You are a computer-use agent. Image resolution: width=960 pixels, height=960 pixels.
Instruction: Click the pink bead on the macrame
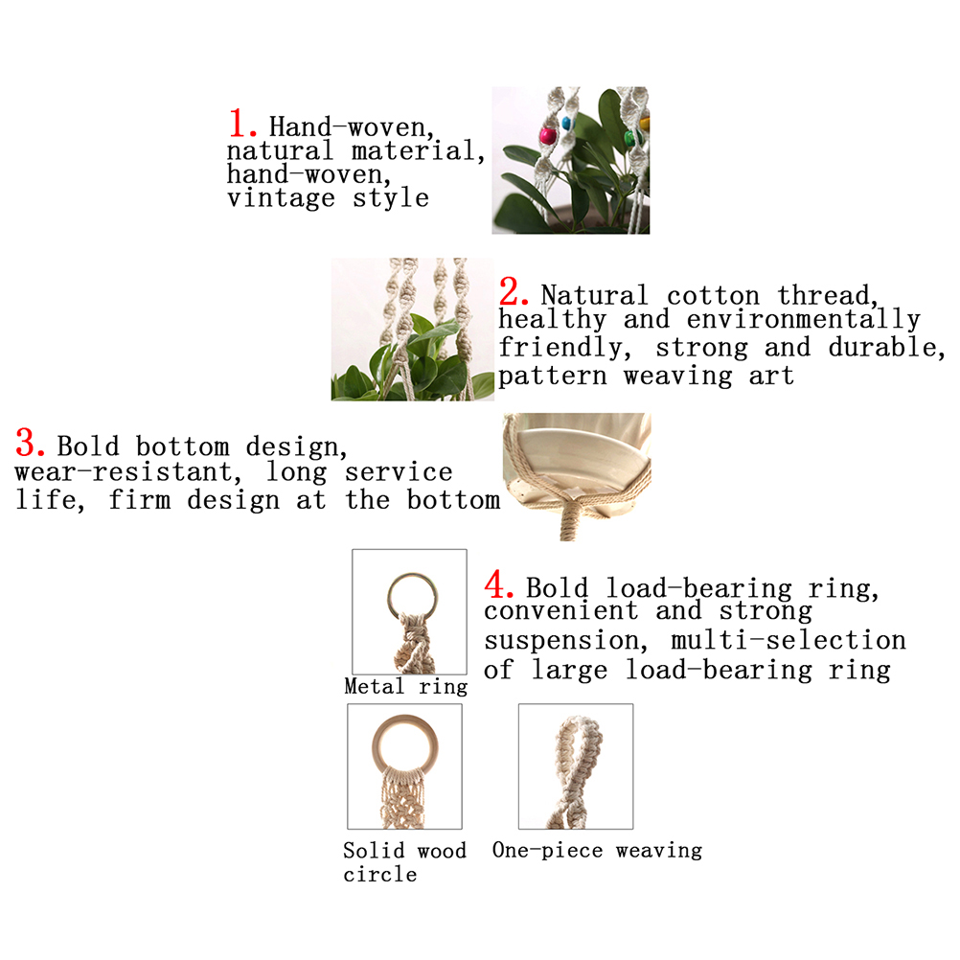pos(547,135)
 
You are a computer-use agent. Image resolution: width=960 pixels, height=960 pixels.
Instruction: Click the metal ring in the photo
pos(413,596)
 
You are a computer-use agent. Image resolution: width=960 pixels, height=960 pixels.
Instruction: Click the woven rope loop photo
pos(576,766)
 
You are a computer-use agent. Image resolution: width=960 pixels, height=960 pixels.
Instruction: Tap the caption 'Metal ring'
pos(406,687)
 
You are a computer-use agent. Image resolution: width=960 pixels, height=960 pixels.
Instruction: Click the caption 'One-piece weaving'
pos(597,851)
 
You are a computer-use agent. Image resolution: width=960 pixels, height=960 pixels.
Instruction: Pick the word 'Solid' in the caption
pos(374,851)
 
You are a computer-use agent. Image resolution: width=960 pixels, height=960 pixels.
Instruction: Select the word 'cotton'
pos(713,296)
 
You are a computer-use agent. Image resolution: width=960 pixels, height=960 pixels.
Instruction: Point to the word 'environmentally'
pos(803,320)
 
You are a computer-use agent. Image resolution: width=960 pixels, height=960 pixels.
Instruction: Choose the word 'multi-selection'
pos(789,640)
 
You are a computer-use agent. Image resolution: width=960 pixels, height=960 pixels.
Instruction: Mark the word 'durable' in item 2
pos(886,348)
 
